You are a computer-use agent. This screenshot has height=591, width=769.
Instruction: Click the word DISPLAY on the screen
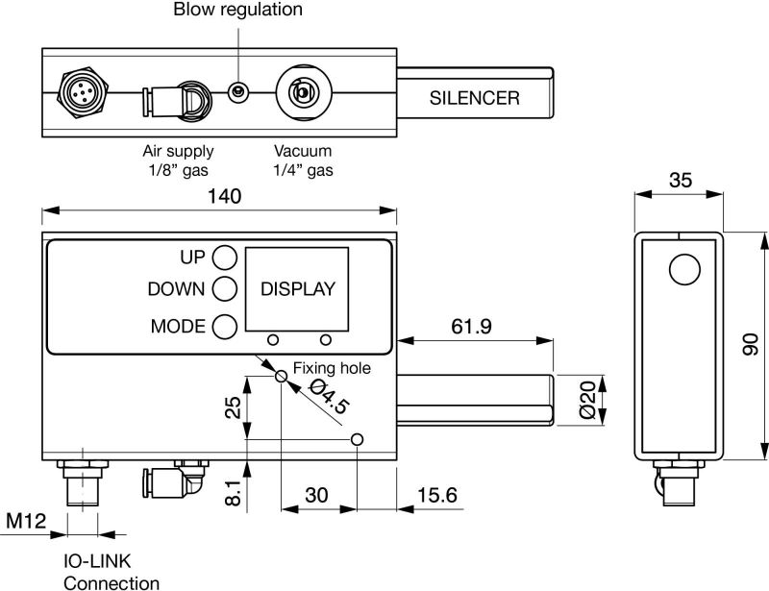coord(298,289)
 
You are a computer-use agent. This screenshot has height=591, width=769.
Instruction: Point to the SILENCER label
coord(474,98)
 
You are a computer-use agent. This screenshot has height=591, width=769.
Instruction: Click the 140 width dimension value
coord(225,196)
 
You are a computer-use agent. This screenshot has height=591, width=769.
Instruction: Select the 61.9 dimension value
coord(471,326)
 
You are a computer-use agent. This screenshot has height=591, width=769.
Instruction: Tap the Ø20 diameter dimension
coord(587,399)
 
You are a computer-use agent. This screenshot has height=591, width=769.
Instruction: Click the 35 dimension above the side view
coord(681,181)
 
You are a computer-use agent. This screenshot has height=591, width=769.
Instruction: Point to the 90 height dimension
coord(751,344)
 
